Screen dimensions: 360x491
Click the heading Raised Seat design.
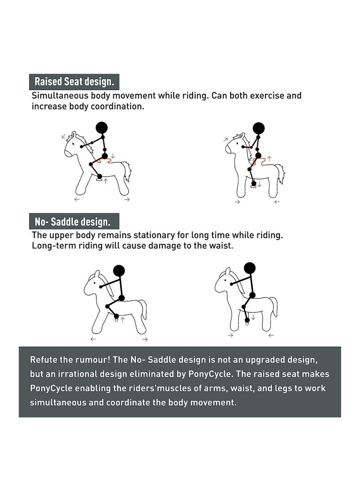pos(74,82)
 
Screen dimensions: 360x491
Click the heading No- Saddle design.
pos(72,222)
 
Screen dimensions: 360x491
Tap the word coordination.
pos(118,106)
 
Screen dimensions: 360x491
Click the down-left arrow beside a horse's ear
pos(63,136)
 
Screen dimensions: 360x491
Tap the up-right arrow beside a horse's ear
pos(225,140)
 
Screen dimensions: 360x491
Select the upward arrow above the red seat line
pos(269,158)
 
